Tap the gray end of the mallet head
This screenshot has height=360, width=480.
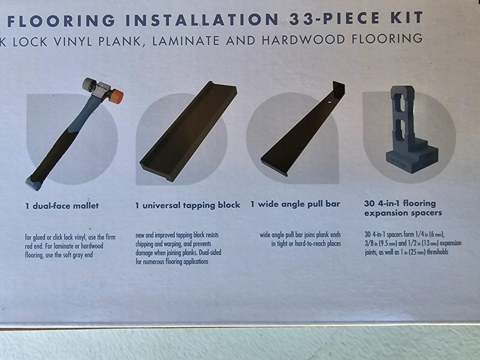click(x=89, y=84)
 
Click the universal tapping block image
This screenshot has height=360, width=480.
click(x=188, y=132)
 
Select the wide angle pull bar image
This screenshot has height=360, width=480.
click(x=303, y=129)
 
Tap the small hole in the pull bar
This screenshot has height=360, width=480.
click(x=330, y=102)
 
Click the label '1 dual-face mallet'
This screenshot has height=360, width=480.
click(x=62, y=206)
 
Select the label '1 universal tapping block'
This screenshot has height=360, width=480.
click(x=188, y=205)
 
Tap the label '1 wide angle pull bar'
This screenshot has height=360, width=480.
click(x=295, y=204)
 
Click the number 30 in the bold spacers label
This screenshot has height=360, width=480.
click(x=369, y=203)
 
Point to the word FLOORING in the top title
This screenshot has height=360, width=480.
click(x=61, y=21)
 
